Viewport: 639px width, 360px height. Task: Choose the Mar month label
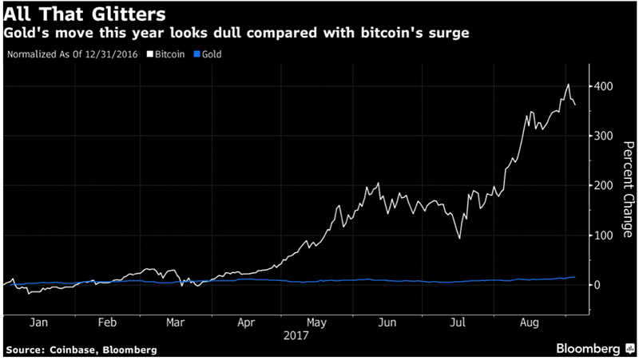pos(177,325)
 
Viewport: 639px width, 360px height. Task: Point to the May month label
pos(317,325)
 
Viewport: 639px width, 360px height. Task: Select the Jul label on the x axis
pos(458,325)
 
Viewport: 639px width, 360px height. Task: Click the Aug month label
pos(527,325)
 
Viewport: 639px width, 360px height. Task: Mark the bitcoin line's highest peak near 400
pos(567,85)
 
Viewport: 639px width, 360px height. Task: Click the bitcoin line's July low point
pos(459,238)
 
